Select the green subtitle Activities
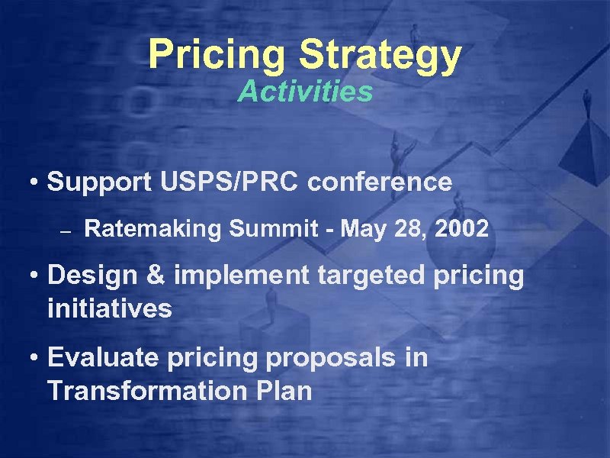point(305,92)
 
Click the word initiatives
point(109,309)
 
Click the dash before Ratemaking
point(66,230)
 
